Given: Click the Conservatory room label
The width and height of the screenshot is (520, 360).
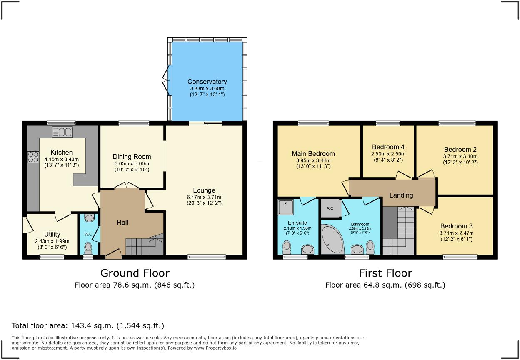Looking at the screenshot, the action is tap(207, 82).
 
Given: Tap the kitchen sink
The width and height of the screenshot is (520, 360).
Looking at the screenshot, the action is tap(62, 132).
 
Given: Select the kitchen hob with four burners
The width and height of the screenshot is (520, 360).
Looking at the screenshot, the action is tap(33, 157).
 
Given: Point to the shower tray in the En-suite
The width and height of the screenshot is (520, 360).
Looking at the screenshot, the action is tap(286, 207).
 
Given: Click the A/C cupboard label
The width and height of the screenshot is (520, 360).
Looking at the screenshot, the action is tap(330, 208).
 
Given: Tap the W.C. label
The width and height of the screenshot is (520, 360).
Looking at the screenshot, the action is tap(88, 234).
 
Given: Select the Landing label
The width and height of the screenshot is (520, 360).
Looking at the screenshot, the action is tap(401, 195).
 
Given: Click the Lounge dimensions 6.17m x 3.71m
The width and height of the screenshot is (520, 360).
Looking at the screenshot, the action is tap(204, 197).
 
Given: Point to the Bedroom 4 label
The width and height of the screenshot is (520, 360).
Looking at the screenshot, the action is tap(388, 147).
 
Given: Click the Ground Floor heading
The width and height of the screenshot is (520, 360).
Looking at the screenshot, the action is tap(135, 273).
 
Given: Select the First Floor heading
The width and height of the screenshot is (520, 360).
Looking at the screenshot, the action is tap(385, 273).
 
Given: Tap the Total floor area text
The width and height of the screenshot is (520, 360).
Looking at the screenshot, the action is tap(88, 326).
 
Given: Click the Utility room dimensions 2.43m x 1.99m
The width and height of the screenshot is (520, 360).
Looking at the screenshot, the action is tap(52, 241).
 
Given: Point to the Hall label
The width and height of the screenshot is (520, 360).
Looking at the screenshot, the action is tap(122, 222).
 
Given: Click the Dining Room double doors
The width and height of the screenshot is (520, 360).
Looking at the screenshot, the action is tap(127, 185).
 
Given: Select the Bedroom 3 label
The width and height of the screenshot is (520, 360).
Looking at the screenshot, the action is tap(456, 226).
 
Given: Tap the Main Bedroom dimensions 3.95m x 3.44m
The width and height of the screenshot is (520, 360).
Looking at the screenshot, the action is tap(313, 160).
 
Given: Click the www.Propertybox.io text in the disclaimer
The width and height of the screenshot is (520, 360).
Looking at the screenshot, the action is tap(215, 348).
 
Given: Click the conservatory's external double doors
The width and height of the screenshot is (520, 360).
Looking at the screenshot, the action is tap(166, 80).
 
